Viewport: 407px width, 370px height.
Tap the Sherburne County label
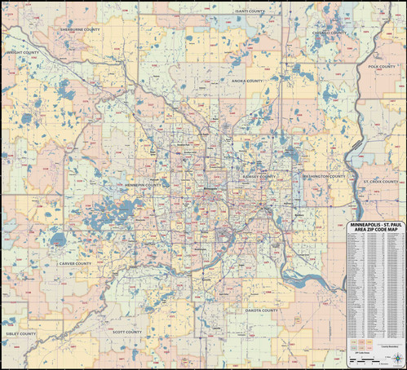tap(80, 29)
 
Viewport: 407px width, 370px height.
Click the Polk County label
tap(382, 67)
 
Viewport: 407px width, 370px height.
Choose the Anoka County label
tap(246, 81)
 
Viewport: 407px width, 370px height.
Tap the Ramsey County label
tap(259, 176)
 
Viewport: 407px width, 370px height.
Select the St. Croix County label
tap(380, 181)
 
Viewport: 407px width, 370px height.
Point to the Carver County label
tap(75, 264)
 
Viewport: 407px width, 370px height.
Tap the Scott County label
tap(127, 333)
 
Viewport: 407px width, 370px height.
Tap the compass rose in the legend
tap(398, 358)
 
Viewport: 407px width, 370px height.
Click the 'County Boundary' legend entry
tap(390, 346)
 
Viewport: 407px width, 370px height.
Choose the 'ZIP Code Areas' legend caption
tap(362, 353)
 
